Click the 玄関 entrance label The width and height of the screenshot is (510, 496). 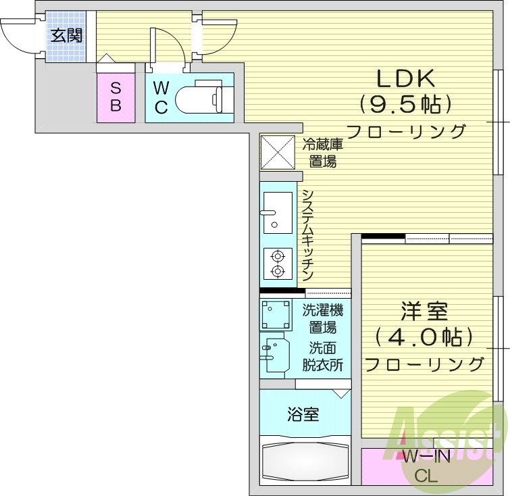pos(66,35)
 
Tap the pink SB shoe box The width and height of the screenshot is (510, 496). pos(116,97)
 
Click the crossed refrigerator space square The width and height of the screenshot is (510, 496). pos(278,152)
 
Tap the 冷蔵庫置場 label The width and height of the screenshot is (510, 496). pos(322,152)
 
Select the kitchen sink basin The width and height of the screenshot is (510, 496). pos(277,212)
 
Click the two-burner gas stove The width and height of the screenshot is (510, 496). pos(277,264)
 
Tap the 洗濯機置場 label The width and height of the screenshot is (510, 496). pos(322,320)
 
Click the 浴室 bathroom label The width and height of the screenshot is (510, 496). pos(303,414)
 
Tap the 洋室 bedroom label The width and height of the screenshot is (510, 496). pos(424,312)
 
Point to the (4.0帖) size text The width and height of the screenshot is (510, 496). pos(424,337)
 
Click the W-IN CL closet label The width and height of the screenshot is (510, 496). pos(426,466)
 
